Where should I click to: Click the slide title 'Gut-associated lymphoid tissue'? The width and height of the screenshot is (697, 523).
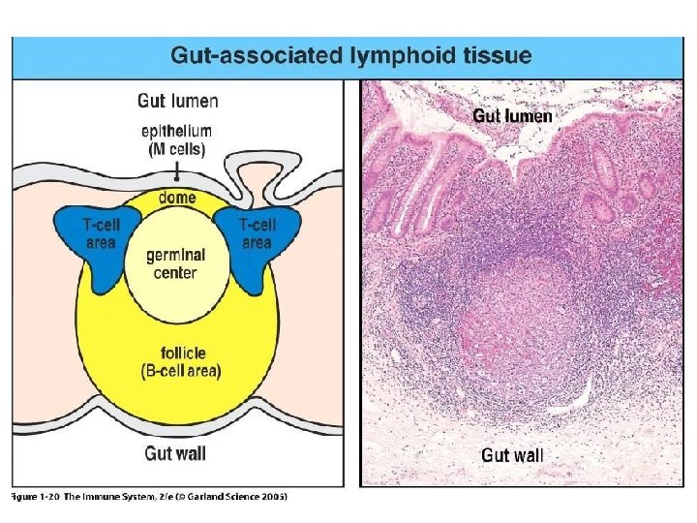pyautogui.click(x=349, y=55)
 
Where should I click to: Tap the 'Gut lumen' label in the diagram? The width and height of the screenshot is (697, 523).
pyautogui.click(x=177, y=101)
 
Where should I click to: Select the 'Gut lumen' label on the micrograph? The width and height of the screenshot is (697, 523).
pyautogui.click(x=512, y=116)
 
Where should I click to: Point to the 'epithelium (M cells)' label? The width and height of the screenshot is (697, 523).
pyautogui.click(x=177, y=139)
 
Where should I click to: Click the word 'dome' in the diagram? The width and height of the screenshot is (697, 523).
pyautogui.click(x=178, y=198)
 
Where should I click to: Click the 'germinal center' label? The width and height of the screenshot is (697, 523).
pyautogui.click(x=176, y=263)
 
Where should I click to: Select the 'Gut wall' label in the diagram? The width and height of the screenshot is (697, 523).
pyautogui.click(x=175, y=452)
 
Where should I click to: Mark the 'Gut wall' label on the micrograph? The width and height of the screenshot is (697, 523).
pyautogui.click(x=511, y=454)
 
